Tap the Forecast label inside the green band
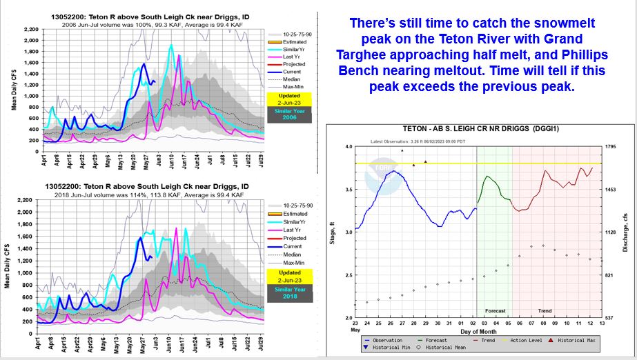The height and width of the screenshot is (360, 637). pyautogui.click(x=494, y=311)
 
